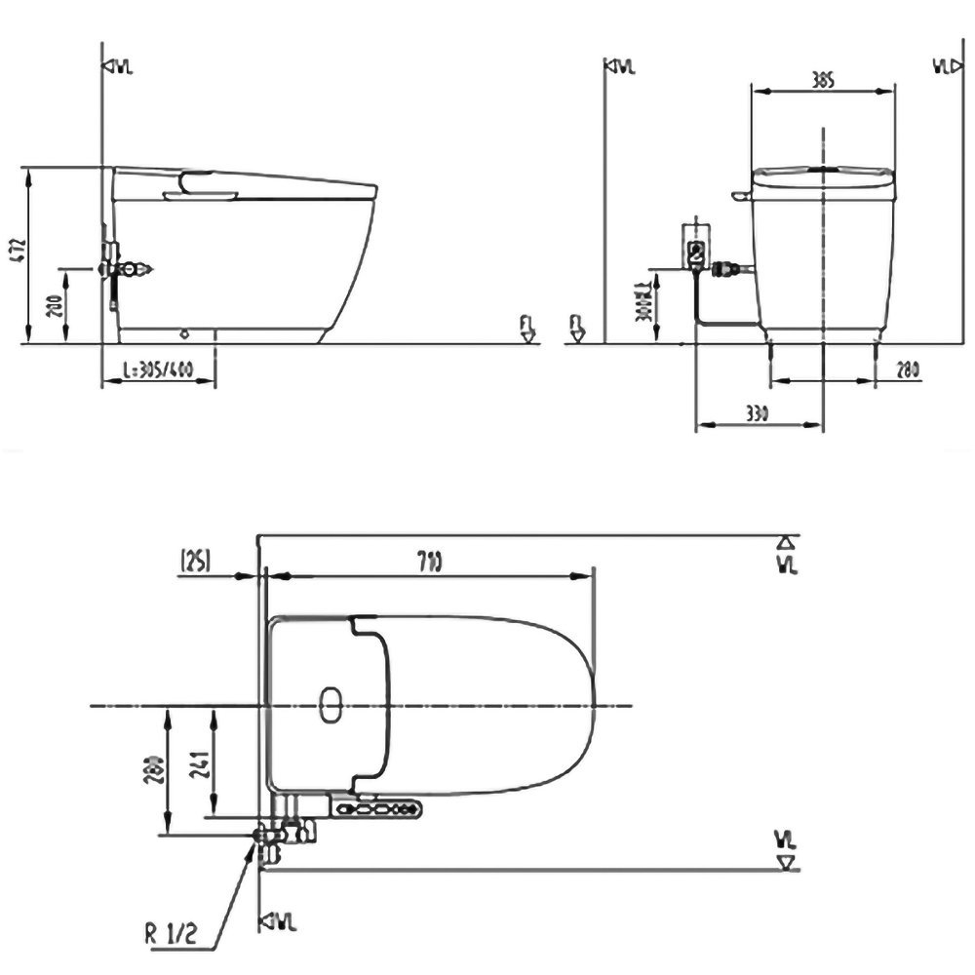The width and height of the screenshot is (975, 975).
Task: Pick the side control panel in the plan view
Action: [x=376, y=807]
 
